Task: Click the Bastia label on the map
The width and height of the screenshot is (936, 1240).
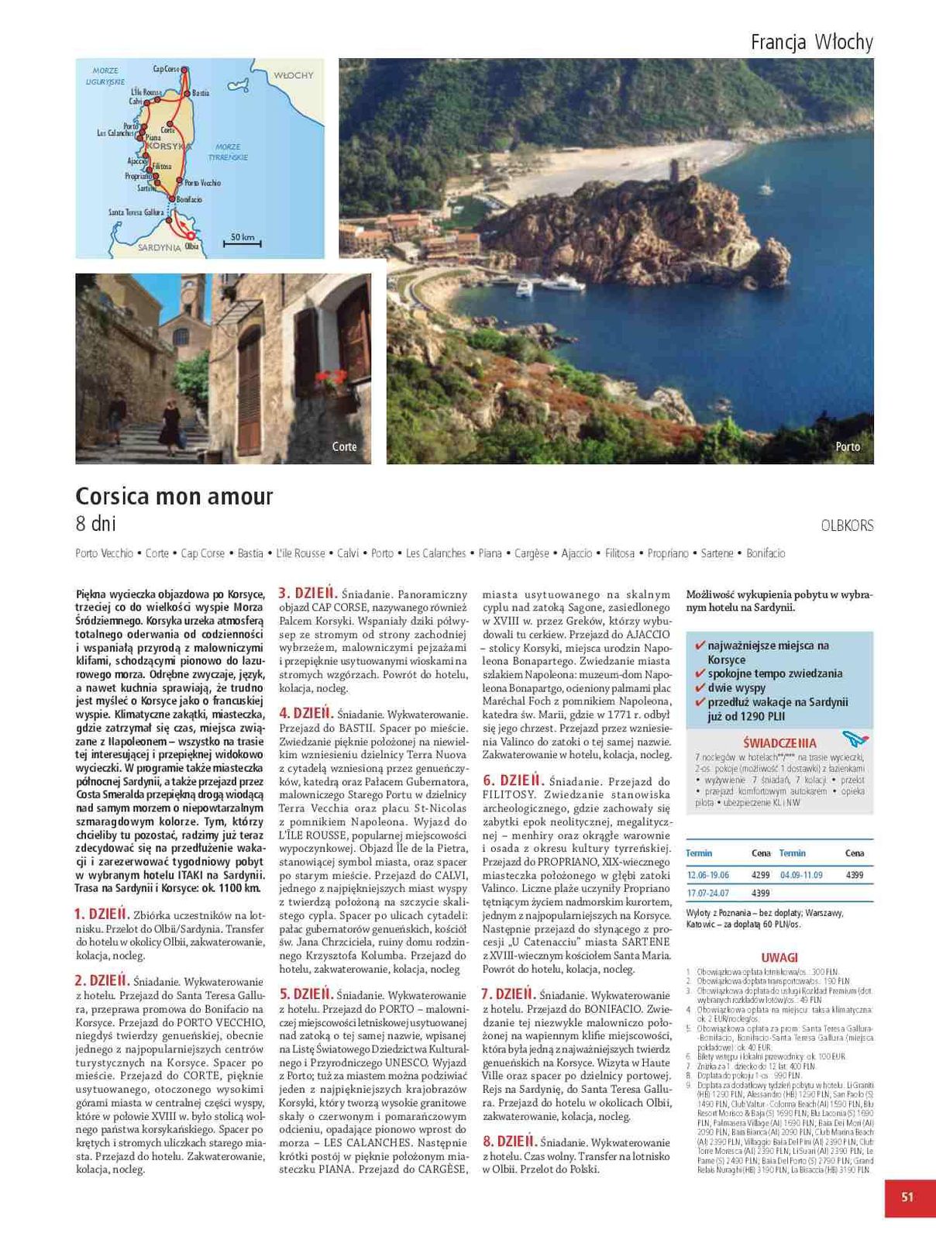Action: [x=201, y=93]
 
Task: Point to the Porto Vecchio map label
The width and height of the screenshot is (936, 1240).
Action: [x=203, y=183]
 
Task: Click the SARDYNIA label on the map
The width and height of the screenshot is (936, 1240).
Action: [x=160, y=248]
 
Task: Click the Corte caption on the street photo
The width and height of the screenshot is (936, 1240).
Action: [x=344, y=447]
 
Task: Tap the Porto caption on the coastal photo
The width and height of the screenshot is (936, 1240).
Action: [x=848, y=447]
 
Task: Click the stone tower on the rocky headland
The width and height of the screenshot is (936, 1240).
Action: [x=680, y=174]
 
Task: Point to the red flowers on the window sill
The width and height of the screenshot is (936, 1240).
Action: [x=332, y=380]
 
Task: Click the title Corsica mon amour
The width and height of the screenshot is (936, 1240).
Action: [x=174, y=496]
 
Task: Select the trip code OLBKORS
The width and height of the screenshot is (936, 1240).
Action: [x=847, y=525]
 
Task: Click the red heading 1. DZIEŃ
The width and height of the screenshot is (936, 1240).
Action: [x=102, y=914]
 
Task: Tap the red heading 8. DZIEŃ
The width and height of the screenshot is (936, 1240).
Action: [x=509, y=1142]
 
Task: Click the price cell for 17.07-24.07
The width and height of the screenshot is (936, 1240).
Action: [x=760, y=893]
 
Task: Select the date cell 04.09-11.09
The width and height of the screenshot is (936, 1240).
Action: [x=801, y=875]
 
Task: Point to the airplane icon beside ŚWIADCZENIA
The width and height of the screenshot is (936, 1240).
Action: [x=855, y=739]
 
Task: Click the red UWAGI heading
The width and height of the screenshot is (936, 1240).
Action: [x=779, y=957]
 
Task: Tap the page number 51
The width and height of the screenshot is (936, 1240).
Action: [x=907, y=1197]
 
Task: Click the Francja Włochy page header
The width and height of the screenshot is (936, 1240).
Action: [x=811, y=42]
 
